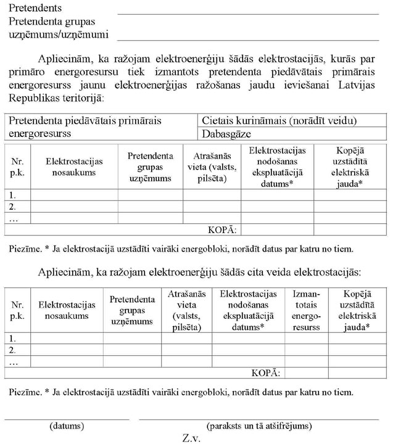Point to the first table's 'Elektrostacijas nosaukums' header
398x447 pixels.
74,166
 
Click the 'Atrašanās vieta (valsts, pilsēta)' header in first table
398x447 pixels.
211,166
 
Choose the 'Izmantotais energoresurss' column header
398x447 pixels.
306,311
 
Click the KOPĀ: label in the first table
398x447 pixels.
223,230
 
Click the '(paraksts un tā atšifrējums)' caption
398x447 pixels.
259,425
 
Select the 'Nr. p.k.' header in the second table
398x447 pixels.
17,311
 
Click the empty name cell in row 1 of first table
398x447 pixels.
74,195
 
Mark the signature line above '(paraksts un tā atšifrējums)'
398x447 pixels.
259,419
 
